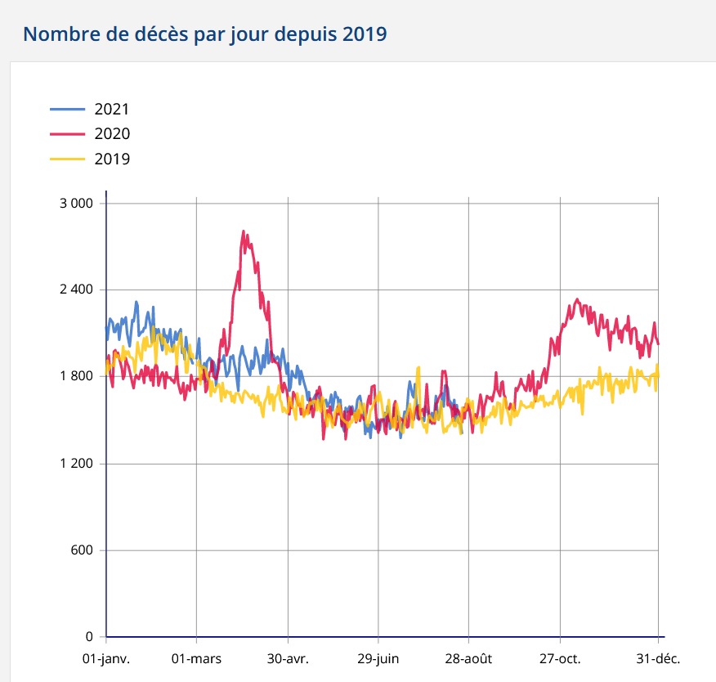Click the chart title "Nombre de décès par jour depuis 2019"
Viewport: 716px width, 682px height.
[x=205, y=34]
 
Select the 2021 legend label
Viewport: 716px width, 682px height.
[x=112, y=109]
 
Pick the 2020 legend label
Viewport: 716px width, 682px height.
[x=112, y=134]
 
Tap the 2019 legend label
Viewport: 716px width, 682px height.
[x=112, y=159]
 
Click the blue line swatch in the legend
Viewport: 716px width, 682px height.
[x=67, y=109]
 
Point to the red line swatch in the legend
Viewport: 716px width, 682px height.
[x=67, y=134]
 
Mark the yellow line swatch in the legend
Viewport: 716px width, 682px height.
[x=67, y=159]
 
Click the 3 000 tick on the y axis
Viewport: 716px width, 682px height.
[x=78, y=203]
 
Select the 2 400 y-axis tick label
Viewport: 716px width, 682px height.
[x=78, y=290]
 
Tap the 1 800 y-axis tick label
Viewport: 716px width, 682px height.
[x=78, y=377]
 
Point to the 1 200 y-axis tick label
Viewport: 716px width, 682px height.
[x=78, y=464]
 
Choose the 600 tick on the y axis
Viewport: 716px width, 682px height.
[x=84, y=550]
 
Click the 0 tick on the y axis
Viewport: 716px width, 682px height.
[x=91, y=637]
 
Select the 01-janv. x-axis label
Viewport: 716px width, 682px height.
[x=106, y=658]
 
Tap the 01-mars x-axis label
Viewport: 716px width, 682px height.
[x=197, y=658]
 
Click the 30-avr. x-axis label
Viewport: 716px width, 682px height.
[x=288, y=658]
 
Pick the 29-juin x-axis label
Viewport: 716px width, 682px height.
[x=378, y=658]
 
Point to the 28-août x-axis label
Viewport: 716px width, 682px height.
[x=469, y=658]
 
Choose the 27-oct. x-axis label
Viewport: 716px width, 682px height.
[x=560, y=658]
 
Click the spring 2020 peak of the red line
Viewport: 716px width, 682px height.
[x=244, y=231]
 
